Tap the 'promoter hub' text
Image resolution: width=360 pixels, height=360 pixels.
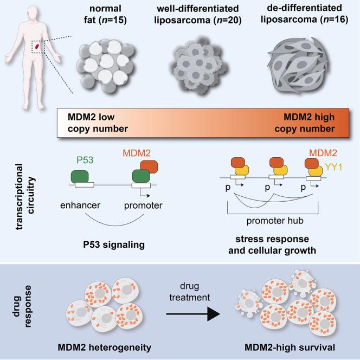tap(269, 221)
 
